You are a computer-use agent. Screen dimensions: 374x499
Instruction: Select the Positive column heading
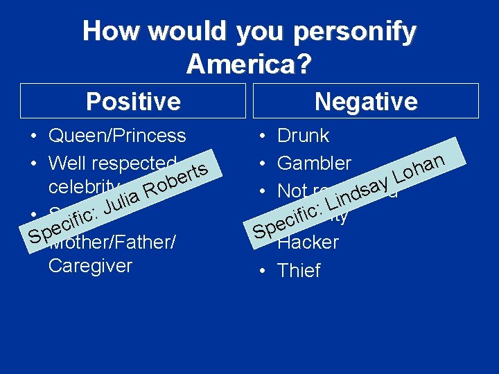pyautogui.click(x=133, y=102)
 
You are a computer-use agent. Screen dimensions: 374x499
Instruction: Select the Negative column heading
pyautogui.click(x=365, y=102)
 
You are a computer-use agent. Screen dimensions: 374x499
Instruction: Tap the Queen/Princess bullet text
pyautogui.click(x=117, y=136)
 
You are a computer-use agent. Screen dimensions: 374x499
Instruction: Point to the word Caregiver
pyautogui.click(x=90, y=266)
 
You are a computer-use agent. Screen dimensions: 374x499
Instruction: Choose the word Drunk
pyautogui.click(x=303, y=136)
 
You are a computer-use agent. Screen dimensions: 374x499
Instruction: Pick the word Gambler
pyautogui.click(x=314, y=163)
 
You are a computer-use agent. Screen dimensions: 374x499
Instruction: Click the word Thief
pyautogui.click(x=299, y=271)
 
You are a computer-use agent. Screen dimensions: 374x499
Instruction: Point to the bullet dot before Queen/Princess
pyautogui.click(x=33, y=136)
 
